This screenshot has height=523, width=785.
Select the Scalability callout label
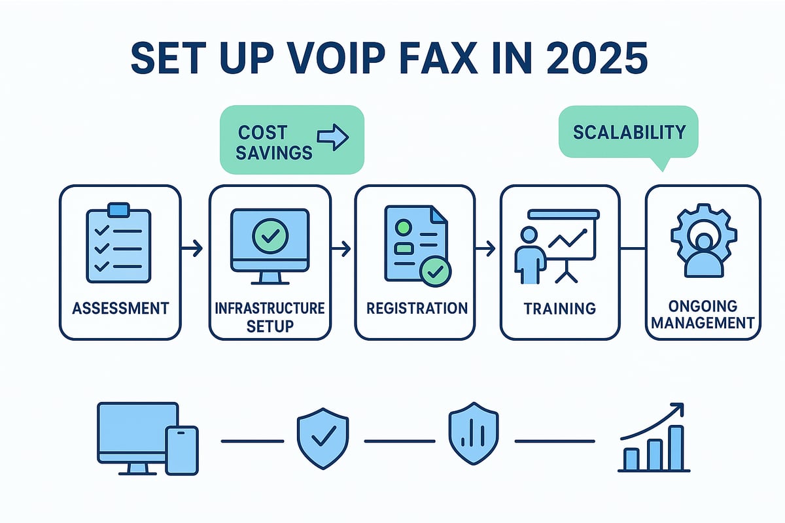pos(629,132)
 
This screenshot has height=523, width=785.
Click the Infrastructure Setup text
pos(270,316)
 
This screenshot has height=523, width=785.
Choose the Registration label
pos(416,307)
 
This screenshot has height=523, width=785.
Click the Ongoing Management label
pos(703,314)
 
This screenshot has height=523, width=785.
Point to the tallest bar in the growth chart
pos(676,447)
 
